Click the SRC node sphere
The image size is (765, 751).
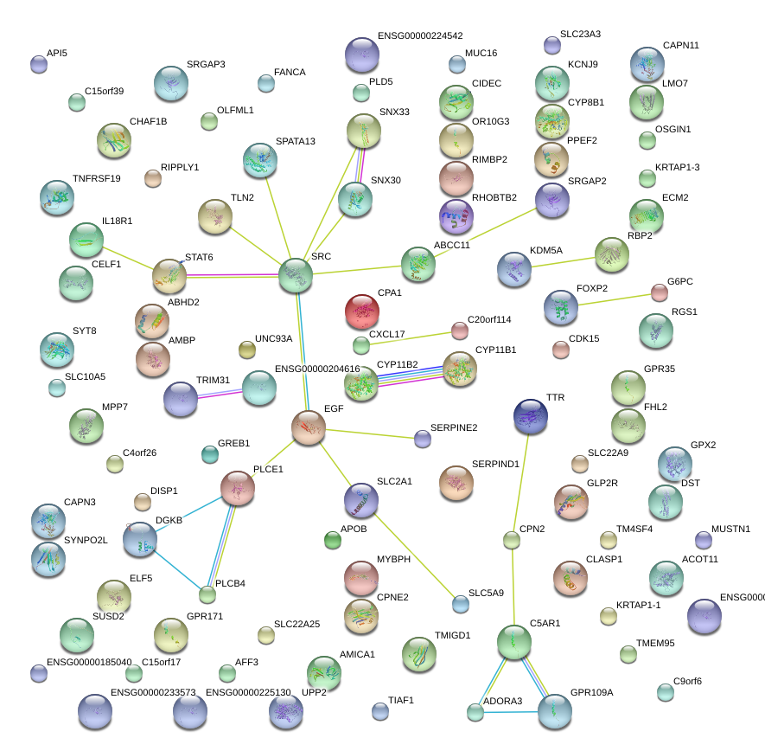296,275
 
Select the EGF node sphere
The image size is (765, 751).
308,427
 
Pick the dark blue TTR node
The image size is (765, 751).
530,416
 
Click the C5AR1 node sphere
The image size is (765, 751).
514,641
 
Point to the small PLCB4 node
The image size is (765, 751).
207,594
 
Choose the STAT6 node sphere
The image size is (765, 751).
169,275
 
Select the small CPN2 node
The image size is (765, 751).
512,541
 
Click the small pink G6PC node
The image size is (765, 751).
660,292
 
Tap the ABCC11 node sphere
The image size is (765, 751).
418,264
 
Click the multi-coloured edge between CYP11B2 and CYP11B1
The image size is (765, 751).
411,375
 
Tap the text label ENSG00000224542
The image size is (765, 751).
420,36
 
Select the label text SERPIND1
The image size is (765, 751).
495,464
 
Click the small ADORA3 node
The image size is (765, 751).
475,712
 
